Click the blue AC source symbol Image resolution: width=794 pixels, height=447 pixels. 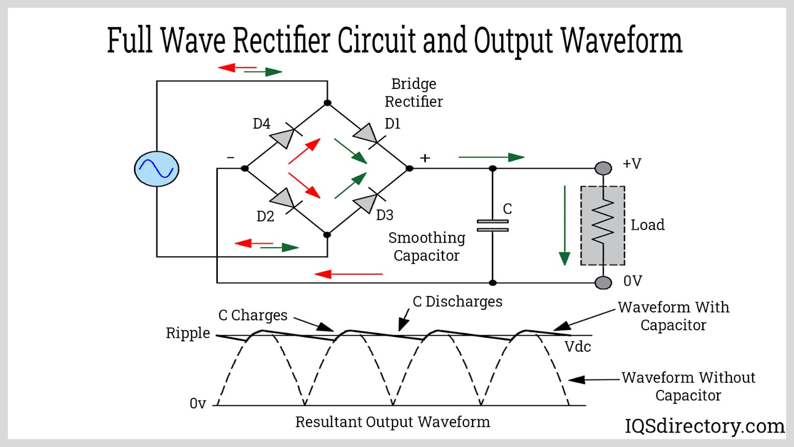pos(157,169)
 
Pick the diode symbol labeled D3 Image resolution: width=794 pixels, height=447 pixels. pos(366,203)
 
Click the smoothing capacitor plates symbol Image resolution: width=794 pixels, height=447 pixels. pos(492,225)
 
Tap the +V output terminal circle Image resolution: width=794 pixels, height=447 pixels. pos(603,168)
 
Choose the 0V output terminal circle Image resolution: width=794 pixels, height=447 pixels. pos(603,283)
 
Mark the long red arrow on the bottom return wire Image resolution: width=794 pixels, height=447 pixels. pos(348,274)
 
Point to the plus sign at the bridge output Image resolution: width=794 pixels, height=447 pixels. pos(425,158)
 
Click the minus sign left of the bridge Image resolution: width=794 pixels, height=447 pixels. pos(230,157)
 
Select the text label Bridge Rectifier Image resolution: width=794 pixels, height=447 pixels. pos(413,92)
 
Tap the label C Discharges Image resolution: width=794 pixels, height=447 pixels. pos(457,301)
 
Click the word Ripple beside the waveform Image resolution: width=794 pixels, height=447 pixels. pos(188,333)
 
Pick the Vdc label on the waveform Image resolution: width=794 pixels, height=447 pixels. pos(578,346)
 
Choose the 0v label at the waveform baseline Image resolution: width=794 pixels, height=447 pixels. pos(198,403)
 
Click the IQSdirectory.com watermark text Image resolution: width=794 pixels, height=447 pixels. pos(704,426)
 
